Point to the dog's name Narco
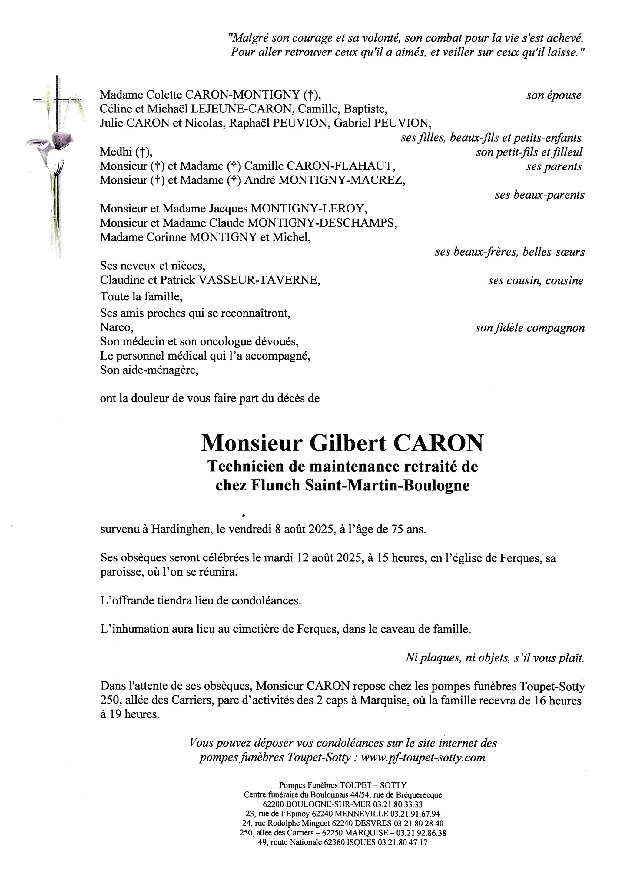(117, 327)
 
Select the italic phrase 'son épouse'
(554, 95)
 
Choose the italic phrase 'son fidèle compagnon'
(530, 328)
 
